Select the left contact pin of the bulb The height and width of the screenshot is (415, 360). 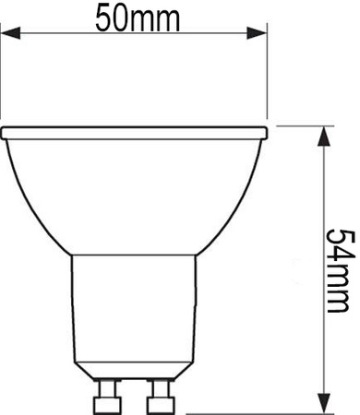(107, 399)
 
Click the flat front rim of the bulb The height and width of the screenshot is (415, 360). (134, 131)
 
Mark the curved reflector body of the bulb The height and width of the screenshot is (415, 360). (134, 194)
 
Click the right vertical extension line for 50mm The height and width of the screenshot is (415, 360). (265, 74)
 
